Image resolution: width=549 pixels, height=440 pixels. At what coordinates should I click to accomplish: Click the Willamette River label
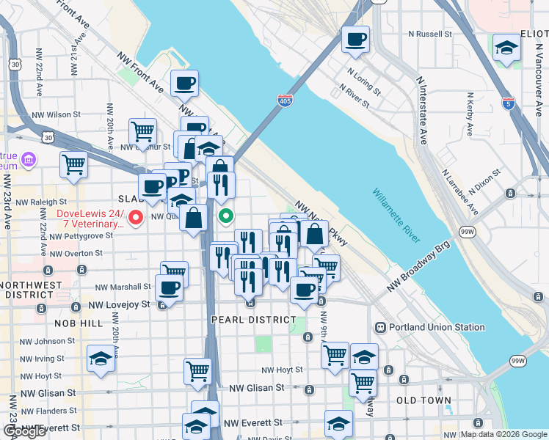pyautogui.click(x=396, y=216)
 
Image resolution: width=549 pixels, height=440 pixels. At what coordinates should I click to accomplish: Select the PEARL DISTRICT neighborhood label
pyautogui.click(x=253, y=320)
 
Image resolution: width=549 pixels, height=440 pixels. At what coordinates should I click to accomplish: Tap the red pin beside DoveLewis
pyautogui.click(x=136, y=217)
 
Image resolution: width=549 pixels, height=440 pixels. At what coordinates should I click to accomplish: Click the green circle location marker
pyautogui.click(x=226, y=216)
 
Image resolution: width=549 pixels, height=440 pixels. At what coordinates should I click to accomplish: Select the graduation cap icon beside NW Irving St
pyautogui.click(x=101, y=359)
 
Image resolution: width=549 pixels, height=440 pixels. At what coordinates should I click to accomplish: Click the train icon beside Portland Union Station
pyautogui.click(x=381, y=327)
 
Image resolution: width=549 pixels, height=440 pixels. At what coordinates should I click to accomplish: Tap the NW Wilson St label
pyautogui.click(x=56, y=114)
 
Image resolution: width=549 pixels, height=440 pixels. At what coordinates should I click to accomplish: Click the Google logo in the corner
pyautogui.click(x=24, y=431)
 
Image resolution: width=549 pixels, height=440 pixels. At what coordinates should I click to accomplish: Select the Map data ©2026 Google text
pyautogui.click(x=503, y=434)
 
